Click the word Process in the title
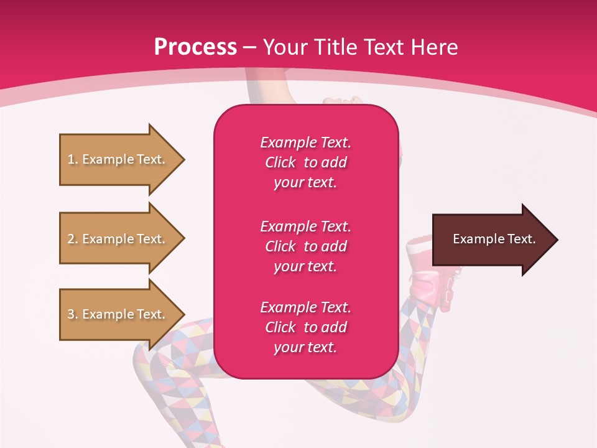[195, 47]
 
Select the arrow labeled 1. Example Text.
[118, 159]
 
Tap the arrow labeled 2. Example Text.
[118, 239]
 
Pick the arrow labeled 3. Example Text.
[118, 314]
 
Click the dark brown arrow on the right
[491, 240]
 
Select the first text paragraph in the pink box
[305, 162]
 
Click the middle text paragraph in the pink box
[305, 246]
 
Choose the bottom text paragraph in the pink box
[305, 327]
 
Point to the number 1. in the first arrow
[72, 159]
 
